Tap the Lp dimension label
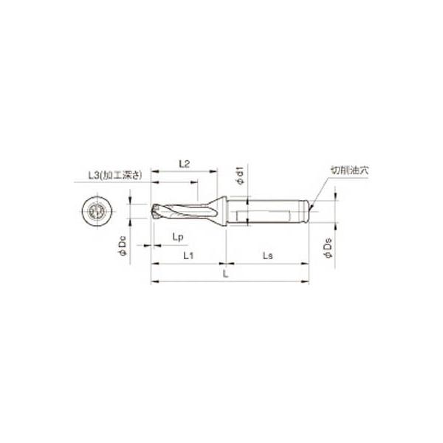177,236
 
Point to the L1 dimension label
188,255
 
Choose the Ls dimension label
267,255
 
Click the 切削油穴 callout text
348,170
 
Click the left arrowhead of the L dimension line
154,281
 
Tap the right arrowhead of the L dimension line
306,281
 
